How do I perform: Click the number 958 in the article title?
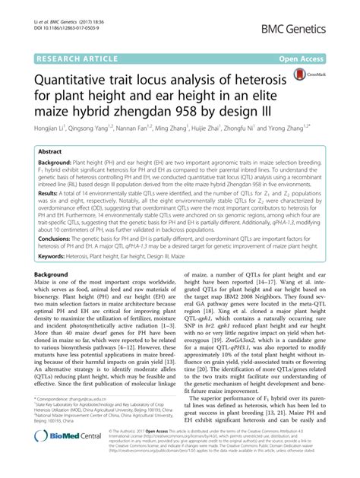[229, 111]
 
